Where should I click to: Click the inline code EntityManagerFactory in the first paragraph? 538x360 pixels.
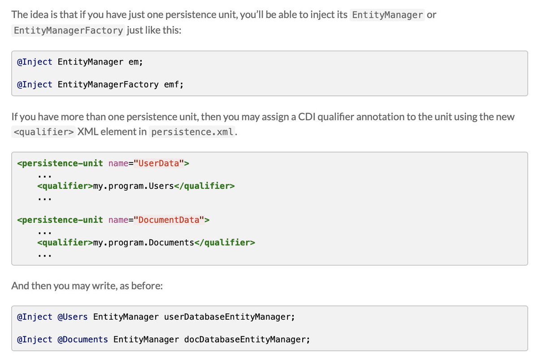(x=69, y=31)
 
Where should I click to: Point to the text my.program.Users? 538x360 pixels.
(x=133, y=186)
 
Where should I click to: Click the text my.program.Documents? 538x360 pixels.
(x=143, y=243)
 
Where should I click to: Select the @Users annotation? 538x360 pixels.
(x=73, y=317)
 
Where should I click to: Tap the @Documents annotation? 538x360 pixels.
(x=83, y=339)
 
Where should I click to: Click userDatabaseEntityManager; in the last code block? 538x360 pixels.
(x=230, y=317)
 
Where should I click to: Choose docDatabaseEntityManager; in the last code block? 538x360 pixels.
(x=247, y=339)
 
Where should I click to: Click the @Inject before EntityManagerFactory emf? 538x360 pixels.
(x=35, y=84)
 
